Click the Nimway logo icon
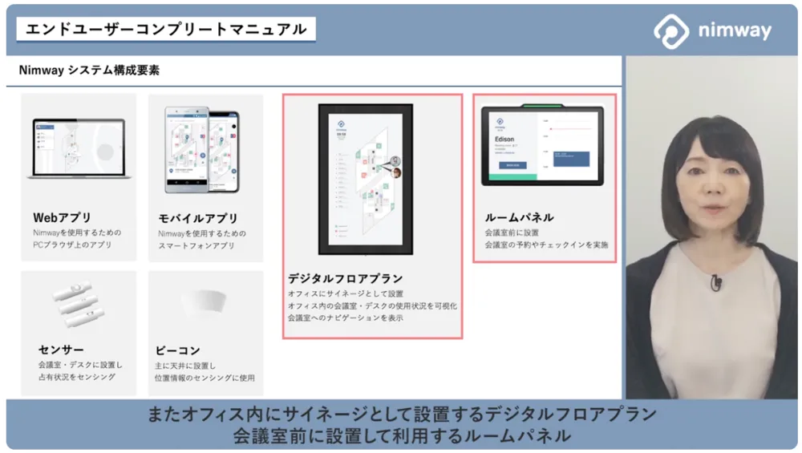pyautogui.click(x=671, y=31)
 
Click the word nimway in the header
pyautogui.click(x=734, y=32)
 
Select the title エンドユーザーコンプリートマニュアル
pyautogui.click(x=166, y=30)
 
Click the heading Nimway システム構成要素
pyautogui.click(x=89, y=71)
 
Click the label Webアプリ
pyautogui.click(x=62, y=217)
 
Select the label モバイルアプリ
pyautogui.click(x=197, y=218)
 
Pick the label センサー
pyautogui.click(x=61, y=350)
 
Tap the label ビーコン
pyautogui.click(x=178, y=350)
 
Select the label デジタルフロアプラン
pyautogui.click(x=346, y=279)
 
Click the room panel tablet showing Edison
pyautogui.click(x=542, y=145)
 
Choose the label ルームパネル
pyautogui.click(x=519, y=217)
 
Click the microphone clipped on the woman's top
pyautogui.click(x=716, y=281)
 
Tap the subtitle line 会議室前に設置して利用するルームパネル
pyautogui.click(x=401, y=436)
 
